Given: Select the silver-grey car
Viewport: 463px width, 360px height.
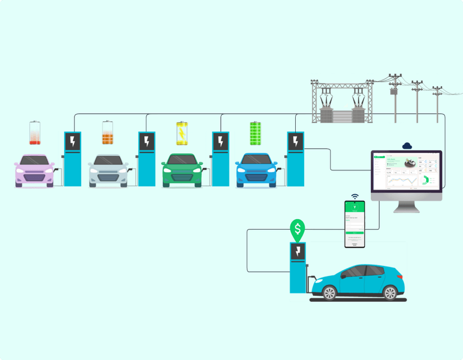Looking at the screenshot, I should coord(108,170).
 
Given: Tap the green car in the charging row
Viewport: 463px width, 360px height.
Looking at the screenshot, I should coord(182,170).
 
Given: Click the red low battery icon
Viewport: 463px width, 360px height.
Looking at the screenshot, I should coord(35,133).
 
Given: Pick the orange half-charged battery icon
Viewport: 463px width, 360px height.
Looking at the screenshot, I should coord(108,133).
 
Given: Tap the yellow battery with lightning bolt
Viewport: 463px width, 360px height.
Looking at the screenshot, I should coord(182,133).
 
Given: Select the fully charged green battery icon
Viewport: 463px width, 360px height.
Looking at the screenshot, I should coord(256,133).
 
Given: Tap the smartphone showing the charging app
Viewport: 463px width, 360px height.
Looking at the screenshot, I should coord(355,224).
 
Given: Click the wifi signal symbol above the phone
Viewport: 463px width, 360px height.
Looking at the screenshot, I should coord(355,197).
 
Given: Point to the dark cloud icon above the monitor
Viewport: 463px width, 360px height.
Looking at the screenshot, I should coord(407,145).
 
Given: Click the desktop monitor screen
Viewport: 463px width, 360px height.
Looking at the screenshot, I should coord(407,172).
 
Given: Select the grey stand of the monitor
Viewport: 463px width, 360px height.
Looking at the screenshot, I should coord(407,206).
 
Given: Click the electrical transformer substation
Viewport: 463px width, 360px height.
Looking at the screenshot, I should coord(342,103).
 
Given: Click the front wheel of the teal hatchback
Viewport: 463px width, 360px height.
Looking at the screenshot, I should coord(330,292).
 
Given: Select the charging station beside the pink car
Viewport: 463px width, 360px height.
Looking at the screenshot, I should coord(73,159).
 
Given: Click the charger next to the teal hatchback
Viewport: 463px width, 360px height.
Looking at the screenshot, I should coord(297,268).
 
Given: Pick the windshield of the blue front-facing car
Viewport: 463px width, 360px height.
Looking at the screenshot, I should coord(256,160).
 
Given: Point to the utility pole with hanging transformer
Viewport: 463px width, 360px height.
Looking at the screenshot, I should coord(395,95).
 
